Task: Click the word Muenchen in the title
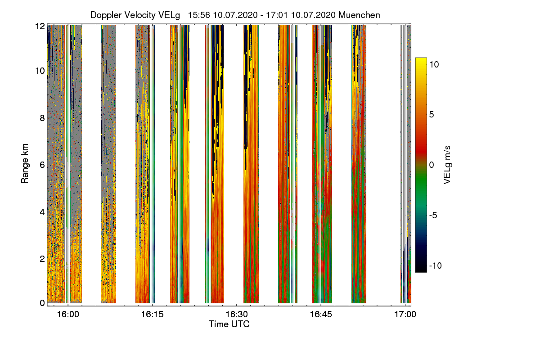click(359, 15)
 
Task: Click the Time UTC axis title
click(229, 324)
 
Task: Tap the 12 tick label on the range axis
click(40, 26)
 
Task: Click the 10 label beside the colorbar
click(434, 64)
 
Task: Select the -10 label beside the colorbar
click(436, 265)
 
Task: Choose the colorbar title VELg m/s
click(447, 165)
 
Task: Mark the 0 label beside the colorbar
click(432, 165)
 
